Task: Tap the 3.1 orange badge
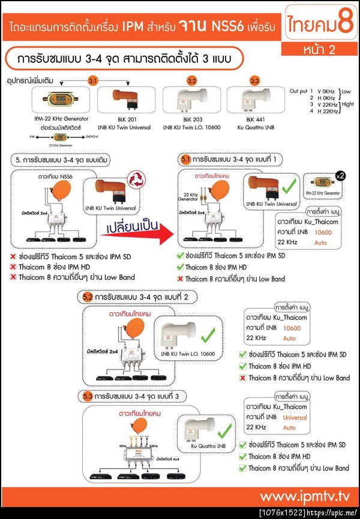coord(93,80)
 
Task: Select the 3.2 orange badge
coord(192,80)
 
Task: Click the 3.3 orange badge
coord(254,80)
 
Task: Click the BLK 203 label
coord(192,119)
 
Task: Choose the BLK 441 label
coord(254,119)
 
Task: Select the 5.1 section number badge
coord(185,160)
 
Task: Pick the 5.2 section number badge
coord(87,296)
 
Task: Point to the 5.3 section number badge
coord(87,396)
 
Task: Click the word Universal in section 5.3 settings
coord(295,416)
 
